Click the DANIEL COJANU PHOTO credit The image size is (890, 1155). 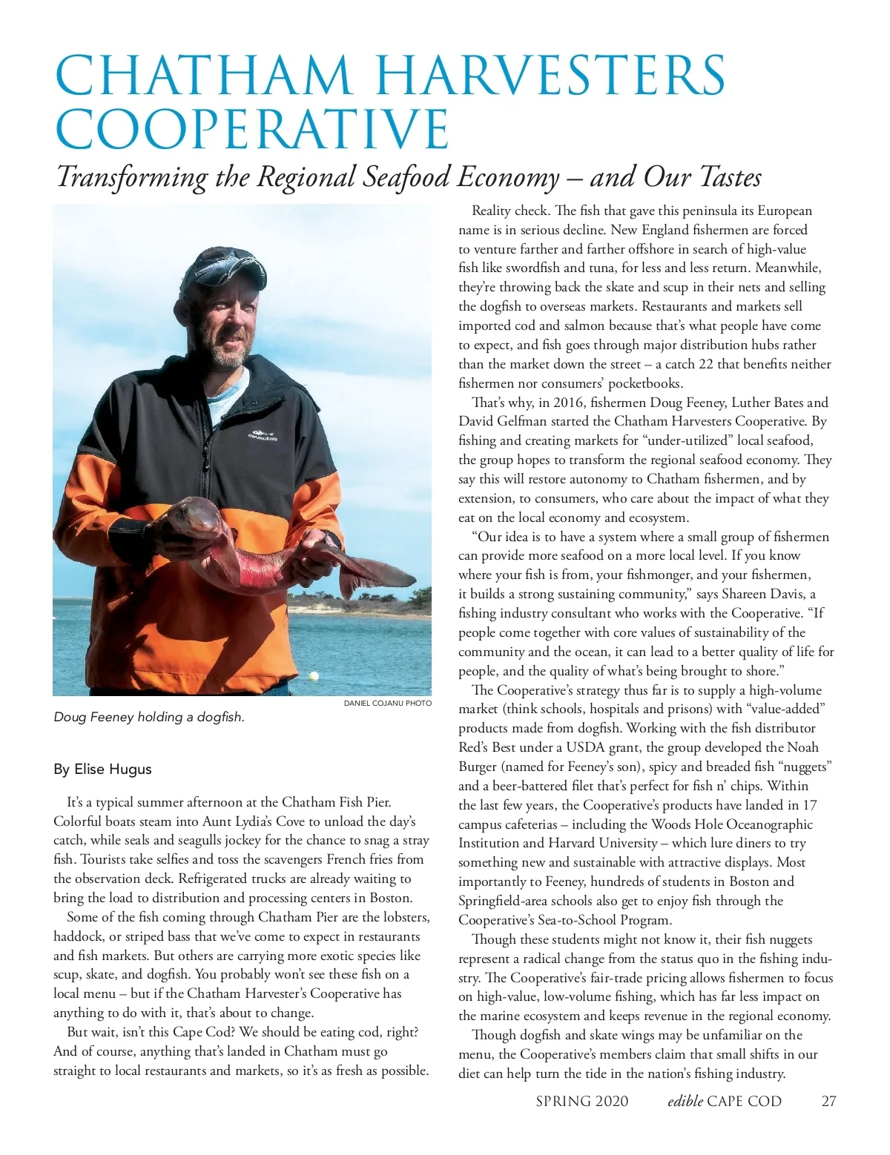coord(387,703)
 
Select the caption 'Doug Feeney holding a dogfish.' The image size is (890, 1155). coord(149,717)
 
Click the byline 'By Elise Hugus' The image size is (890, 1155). coord(102,769)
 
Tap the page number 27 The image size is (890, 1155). coord(828,1101)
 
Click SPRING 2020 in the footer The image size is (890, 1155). coord(581,1101)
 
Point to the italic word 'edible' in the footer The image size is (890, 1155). coord(685,1101)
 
